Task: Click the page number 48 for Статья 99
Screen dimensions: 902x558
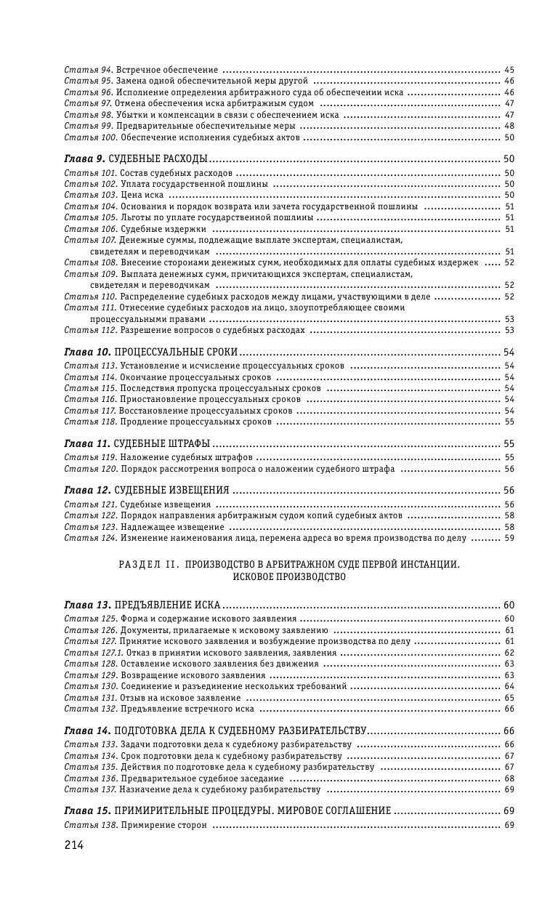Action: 509,126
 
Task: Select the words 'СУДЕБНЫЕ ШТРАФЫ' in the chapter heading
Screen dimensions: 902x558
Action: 163,443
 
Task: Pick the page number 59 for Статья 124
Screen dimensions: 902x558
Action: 509,539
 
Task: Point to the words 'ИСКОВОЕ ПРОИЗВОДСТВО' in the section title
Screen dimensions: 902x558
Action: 280,576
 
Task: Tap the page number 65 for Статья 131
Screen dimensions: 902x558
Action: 509,698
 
